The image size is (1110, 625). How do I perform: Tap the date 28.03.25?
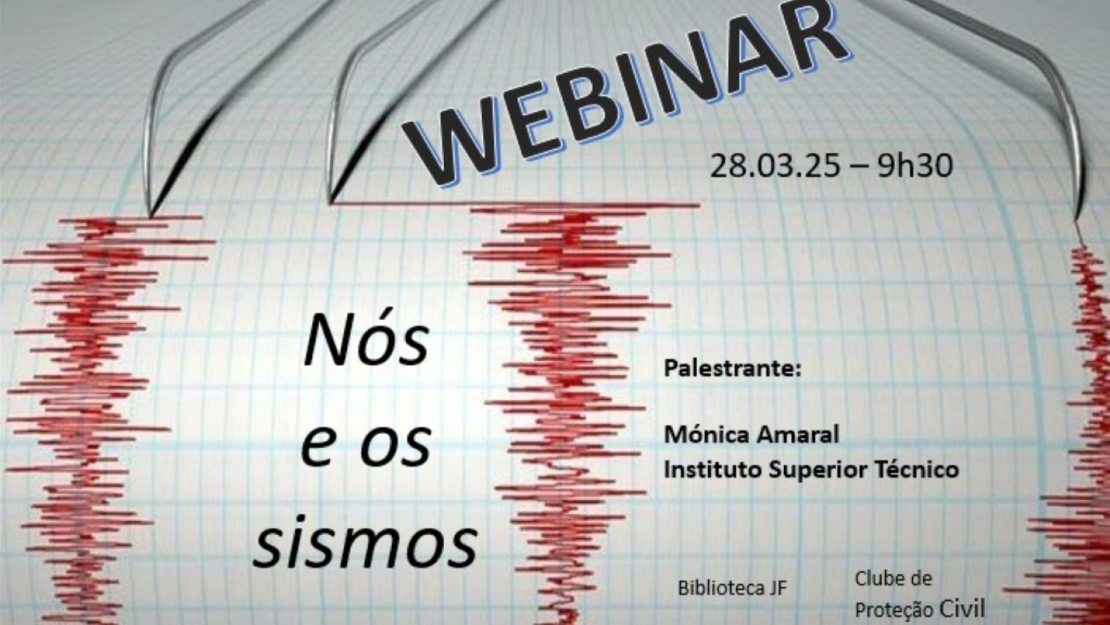pos(775,166)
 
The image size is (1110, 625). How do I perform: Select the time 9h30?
pos(914,166)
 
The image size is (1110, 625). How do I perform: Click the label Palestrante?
pos(733,368)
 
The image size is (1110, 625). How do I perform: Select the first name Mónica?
pos(705,435)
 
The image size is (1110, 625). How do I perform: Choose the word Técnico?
pos(916,469)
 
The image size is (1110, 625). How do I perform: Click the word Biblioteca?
pos(719,587)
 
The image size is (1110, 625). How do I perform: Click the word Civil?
pos(962,609)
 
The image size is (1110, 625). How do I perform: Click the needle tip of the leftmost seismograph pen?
pos(150,215)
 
